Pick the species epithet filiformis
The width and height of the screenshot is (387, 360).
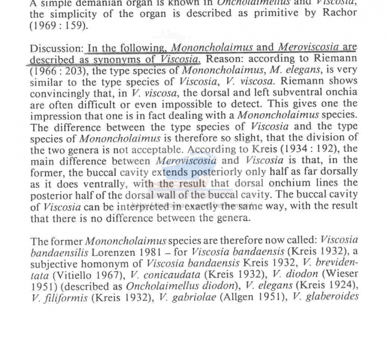pos(57,298)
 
